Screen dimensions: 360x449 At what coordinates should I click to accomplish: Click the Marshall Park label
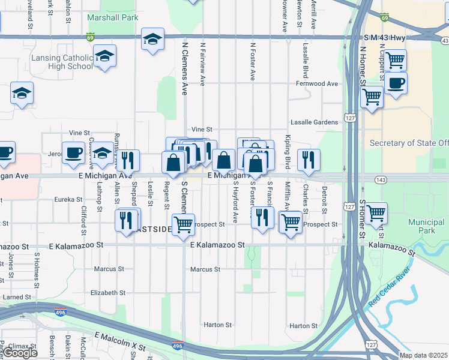[112, 18]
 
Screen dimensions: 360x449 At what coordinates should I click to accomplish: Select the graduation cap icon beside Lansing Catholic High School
[104, 56]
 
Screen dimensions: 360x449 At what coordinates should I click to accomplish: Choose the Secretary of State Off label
[409, 143]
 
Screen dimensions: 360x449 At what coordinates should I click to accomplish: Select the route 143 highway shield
[381, 179]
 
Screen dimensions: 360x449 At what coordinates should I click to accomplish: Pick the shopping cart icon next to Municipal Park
[376, 212]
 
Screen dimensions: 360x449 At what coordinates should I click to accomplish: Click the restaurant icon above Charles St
[309, 159]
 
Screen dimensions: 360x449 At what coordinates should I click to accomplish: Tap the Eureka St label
[68, 199]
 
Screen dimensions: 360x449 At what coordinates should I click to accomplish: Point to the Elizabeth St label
[107, 293]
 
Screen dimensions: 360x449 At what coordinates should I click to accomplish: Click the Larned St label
[16, 297]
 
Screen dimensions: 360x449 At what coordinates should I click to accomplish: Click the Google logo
[20, 353]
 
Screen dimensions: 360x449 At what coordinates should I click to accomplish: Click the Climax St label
[22, 347]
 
